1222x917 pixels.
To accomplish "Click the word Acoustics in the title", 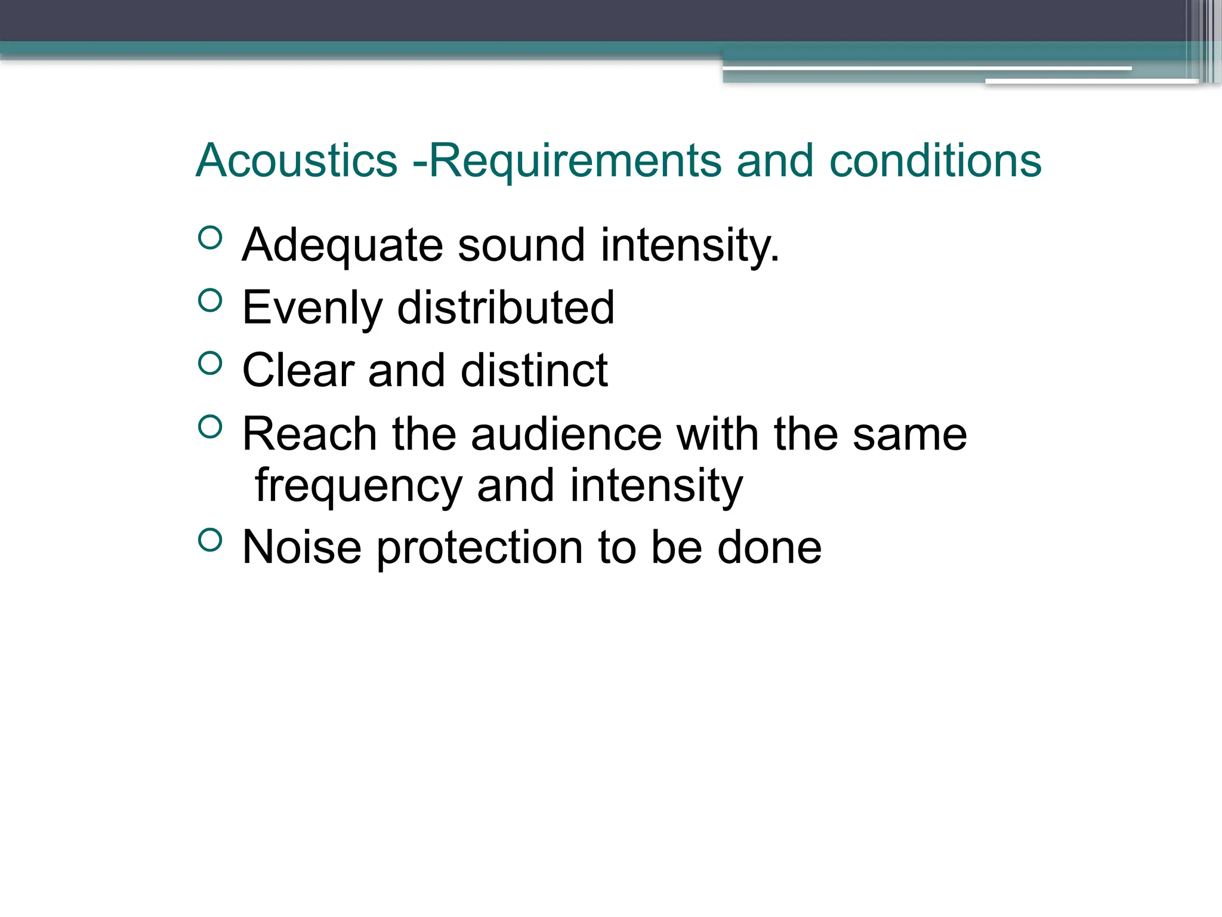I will coord(297,161).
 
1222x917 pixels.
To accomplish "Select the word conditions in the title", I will coord(935,161).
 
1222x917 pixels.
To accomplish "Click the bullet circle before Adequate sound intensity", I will coord(209,238).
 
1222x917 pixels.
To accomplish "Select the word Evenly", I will coord(312,307).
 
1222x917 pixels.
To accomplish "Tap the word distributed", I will coord(505,307).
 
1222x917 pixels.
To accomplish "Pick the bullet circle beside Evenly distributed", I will coord(209,300).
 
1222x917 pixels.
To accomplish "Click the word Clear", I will coord(298,370).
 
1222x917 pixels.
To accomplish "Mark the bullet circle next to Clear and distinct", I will coord(209,363).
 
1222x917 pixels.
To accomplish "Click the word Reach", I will coord(309,434).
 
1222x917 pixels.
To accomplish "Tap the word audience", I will coord(566,434).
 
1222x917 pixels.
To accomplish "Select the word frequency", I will coord(359,486).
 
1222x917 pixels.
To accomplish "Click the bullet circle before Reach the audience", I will coord(209,426).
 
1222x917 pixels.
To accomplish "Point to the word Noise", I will coord(302,547).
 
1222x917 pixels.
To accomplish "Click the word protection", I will coord(480,547).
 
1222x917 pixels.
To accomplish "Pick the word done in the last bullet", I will coord(769,547).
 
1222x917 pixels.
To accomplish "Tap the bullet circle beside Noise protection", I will coord(209,540).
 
